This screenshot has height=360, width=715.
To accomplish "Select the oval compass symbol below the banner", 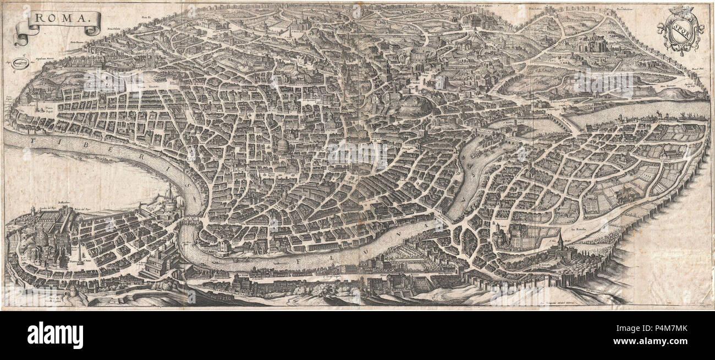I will (x=20, y=63).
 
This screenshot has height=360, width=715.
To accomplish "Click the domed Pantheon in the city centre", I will (x=282, y=147).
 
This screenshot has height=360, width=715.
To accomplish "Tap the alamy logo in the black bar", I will (x=55, y=335).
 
